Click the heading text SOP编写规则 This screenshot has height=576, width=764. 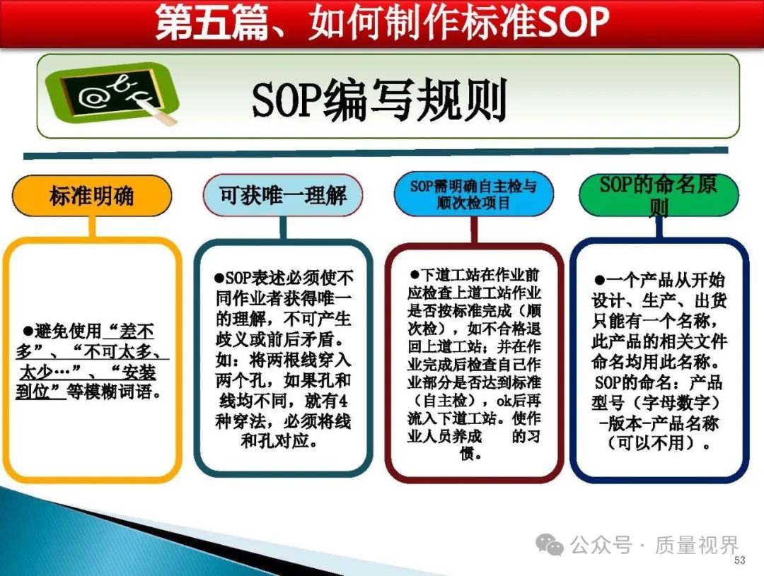tap(380, 100)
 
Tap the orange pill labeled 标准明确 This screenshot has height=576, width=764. tap(91, 196)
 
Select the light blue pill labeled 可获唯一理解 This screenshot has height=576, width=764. tap(282, 195)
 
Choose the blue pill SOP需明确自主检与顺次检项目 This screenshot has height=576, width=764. tap(473, 194)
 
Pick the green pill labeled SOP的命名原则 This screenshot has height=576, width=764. tap(659, 195)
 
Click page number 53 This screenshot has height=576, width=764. tap(740, 560)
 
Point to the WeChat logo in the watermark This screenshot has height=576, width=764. tap(550, 544)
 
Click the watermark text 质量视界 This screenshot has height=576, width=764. tap(697, 545)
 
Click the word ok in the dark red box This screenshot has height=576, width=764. tap(504, 401)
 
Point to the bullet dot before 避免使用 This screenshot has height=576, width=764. tap(28, 331)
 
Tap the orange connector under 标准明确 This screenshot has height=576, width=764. tap(91, 227)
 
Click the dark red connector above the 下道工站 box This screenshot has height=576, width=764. tap(473, 229)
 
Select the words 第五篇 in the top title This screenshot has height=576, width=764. tap(212, 23)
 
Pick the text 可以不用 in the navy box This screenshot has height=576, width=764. tap(651, 443)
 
